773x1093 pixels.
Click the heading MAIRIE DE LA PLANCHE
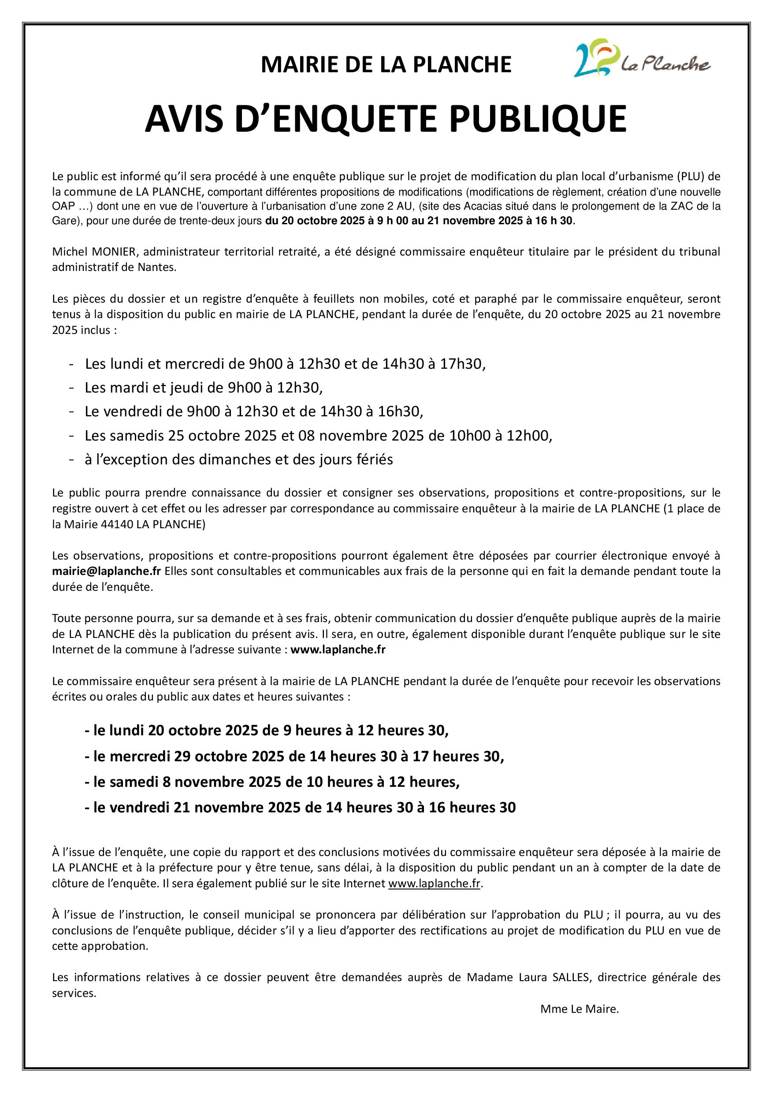(386, 65)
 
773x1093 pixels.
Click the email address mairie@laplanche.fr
(106, 571)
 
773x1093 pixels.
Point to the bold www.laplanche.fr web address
(338, 649)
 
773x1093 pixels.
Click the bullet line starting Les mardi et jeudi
(203, 388)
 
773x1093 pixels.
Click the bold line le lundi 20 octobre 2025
(266, 730)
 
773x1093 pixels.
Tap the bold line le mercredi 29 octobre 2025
(294, 756)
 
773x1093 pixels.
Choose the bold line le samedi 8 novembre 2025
(272, 782)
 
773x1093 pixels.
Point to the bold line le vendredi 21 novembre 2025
(300, 808)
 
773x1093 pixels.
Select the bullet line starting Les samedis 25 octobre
(318, 436)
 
